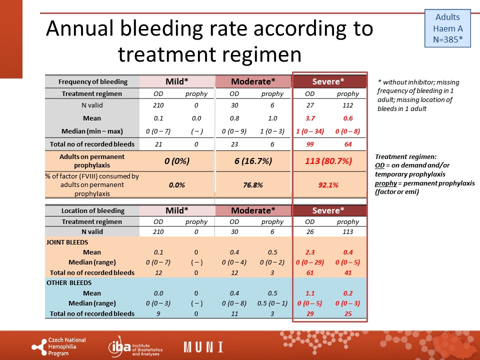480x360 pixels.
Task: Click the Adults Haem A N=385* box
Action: (x=447, y=28)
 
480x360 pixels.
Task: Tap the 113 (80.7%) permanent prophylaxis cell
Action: (x=328, y=161)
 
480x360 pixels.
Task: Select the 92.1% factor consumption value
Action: (x=328, y=185)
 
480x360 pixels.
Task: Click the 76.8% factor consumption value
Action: (x=253, y=185)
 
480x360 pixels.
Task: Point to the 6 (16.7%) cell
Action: (x=253, y=161)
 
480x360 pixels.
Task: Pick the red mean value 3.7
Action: (x=310, y=118)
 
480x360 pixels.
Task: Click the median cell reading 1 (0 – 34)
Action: (x=310, y=131)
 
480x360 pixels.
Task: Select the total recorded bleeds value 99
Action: (x=310, y=144)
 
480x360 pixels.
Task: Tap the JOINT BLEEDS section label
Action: (x=67, y=242)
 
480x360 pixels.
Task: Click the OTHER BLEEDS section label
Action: (x=69, y=283)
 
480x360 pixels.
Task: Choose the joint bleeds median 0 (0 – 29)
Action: (x=310, y=262)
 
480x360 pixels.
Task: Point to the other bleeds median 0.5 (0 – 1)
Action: (x=272, y=303)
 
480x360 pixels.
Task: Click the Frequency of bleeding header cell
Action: (x=93, y=81)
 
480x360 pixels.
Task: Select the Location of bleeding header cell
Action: (x=93, y=210)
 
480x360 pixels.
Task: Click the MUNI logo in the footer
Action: (x=203, y=347)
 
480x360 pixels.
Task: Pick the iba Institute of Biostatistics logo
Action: (x=135, y=347)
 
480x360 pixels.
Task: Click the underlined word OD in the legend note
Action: (x=379, y=165)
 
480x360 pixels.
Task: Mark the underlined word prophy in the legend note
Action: (x=385, y=183)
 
